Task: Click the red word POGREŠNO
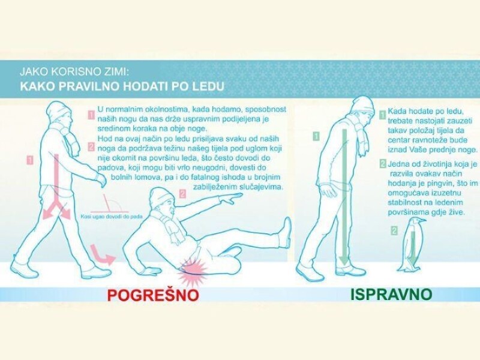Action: tap(153, 295)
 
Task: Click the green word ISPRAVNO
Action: tap(391, 294)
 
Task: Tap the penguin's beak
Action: tap(422, 220)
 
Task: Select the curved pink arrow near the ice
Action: tap(101, 254)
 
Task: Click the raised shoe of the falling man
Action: tap(286, 233)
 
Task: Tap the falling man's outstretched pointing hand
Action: tap(231, 197)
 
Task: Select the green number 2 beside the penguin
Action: tap(395, 230)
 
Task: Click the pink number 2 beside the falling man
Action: tap(183, 193)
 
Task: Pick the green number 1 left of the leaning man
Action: tap(316, 136)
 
